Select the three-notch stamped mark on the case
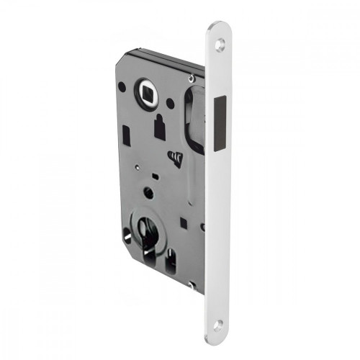[176, 156]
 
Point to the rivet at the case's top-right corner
[192, 76]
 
